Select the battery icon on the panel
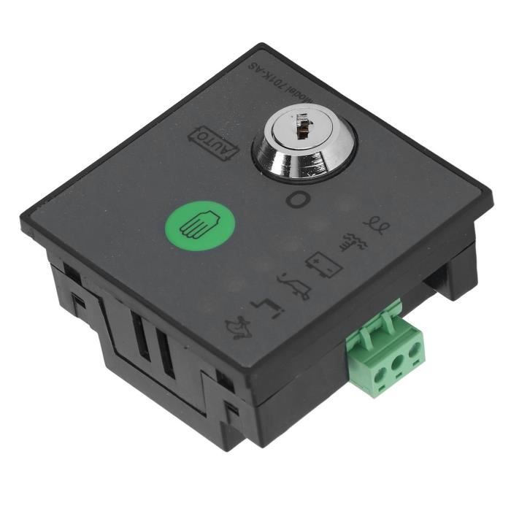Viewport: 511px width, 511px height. pos(322,263)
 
